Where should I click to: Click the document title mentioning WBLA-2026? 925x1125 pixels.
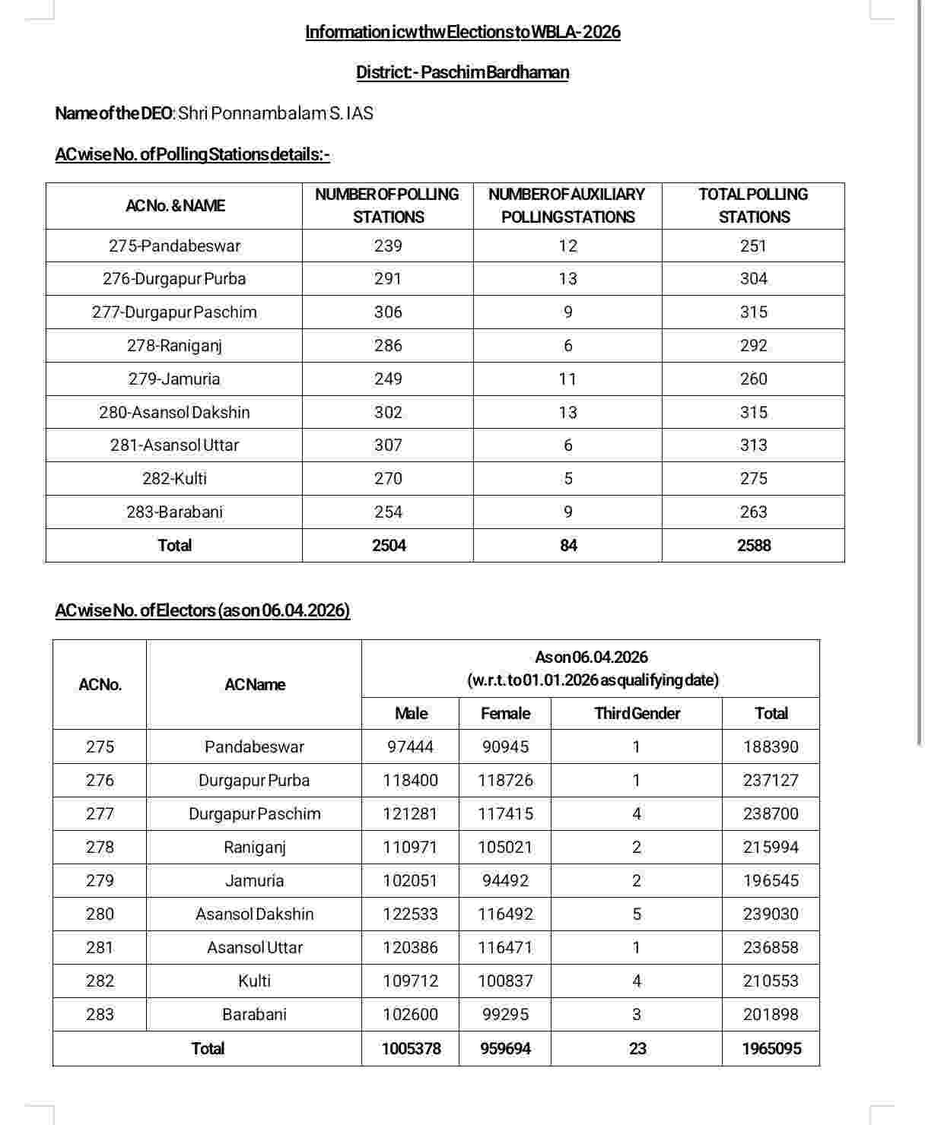[462, 32]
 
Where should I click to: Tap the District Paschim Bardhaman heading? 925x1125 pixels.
[462, 72]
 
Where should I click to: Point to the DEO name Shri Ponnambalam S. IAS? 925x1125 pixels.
[275, 113]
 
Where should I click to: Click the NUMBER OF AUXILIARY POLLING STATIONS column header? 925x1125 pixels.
[567, 205]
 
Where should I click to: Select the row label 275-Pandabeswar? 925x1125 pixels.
[174, 246]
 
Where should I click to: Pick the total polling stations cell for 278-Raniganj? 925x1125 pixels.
[753, 346]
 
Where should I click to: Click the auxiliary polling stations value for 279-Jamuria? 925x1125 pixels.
[567, 379]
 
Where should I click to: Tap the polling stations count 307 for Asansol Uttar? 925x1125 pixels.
[388, 445]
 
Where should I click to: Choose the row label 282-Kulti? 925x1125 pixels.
[174, 479]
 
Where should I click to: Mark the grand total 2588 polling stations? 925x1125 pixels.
[753, 546]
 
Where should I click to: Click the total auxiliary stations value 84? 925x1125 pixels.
[568, 546]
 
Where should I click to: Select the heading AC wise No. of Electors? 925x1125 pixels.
[202, 610]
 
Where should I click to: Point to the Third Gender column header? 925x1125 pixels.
[637, 714]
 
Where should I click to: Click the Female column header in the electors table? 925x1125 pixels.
[505, 714]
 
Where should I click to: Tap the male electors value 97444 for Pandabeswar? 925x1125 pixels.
[410, 747]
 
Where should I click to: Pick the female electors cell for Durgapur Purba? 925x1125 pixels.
[505, 781]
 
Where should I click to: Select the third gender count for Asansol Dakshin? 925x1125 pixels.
[637, 914]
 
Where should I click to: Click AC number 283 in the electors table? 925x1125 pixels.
[100, 1015]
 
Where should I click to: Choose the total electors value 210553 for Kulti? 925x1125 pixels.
[771, 981]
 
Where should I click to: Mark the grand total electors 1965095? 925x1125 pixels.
[771, 1049]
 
